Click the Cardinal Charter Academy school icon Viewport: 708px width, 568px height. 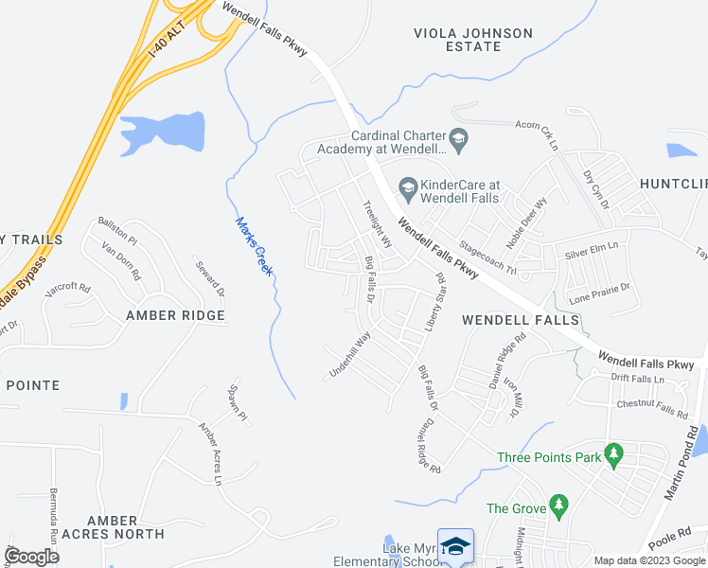(x=459, y=141)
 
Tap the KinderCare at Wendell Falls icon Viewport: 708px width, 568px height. (x=408, y=187)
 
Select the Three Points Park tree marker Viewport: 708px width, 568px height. (x=613, y=456)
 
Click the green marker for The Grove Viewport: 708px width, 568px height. (x=558, y=507)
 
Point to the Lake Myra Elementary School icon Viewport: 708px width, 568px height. (x=457, y=547)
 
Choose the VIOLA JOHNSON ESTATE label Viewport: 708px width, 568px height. (x=473, y=39)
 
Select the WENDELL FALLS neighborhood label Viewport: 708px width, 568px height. (x=520, y=321)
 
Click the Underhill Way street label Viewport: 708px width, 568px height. (x=349, y=356)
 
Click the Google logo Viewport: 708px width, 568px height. (x=31, y=557)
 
